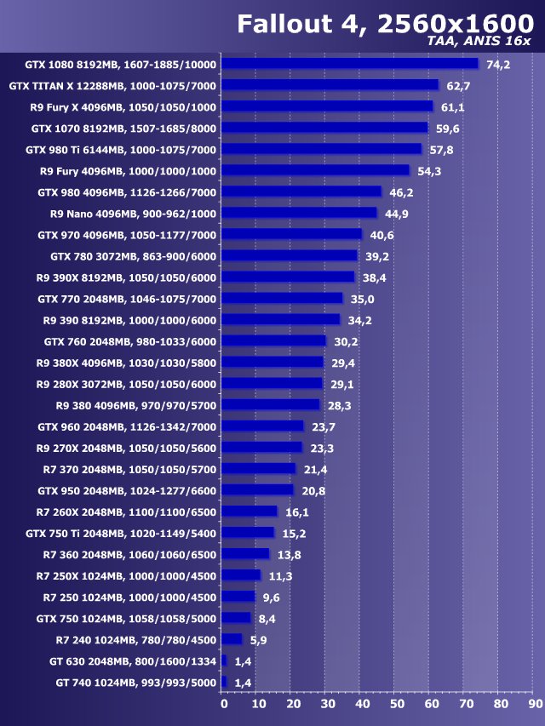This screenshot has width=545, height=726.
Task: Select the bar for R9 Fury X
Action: [x=327, y=106]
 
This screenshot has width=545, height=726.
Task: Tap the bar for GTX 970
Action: [x=291, y=234]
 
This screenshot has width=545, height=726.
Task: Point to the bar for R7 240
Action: [x=232, y=639]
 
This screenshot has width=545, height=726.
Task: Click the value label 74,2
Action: [x=498, y=65]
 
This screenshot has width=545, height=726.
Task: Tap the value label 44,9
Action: [x=397, y=214]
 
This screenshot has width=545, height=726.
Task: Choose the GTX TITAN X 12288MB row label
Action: [x=112, y=86]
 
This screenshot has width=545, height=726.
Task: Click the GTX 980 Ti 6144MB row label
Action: [x=121, y=150]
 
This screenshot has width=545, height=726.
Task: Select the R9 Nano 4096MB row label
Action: [x=134, y=214]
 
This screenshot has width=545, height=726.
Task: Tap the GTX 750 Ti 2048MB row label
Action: [x=121, y=533]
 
